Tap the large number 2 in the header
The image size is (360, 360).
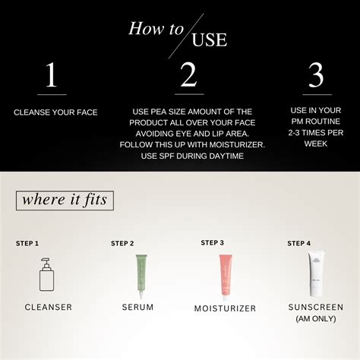(188, 76)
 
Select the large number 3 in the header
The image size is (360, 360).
(315, 76)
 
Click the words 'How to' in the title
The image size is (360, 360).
(156, 29)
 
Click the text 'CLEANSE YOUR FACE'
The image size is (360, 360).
(55, 112)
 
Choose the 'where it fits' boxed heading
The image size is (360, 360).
(65, 201)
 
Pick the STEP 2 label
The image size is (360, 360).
(122, 244)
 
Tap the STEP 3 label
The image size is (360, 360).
(212, 243)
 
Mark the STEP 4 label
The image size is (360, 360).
(298, 244)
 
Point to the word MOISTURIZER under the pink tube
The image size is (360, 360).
(224, 308)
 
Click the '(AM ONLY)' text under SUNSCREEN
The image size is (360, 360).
(315, 319)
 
